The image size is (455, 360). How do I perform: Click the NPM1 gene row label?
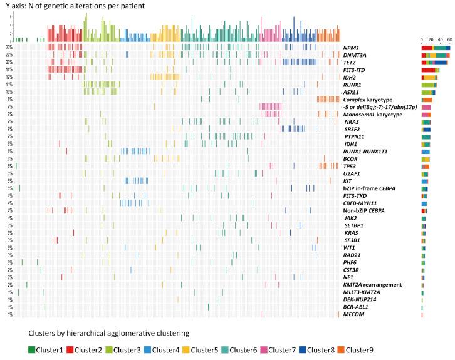point(351,48)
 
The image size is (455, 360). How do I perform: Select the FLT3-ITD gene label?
point(355,69)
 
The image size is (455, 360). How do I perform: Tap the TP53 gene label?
point(350,166)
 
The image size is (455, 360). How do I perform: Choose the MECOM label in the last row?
point(353,314)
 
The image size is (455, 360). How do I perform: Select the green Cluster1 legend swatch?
point(32,349)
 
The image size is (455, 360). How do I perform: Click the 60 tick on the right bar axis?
point(447,39)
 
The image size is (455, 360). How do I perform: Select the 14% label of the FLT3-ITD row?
point(9,69)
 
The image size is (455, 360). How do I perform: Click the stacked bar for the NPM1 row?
point(436,48)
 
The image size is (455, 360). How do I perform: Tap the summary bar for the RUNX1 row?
point(429,85)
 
